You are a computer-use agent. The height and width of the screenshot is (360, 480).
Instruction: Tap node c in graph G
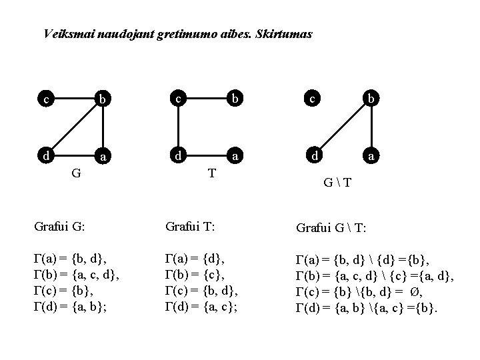point(45,100)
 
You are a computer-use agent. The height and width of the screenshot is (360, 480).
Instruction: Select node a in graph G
point(101,158)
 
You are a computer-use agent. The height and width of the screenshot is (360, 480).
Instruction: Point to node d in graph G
point(45,156)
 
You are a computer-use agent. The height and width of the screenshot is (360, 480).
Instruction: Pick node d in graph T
point(178,156)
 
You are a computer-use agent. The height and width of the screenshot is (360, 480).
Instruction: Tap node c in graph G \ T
point(312,99)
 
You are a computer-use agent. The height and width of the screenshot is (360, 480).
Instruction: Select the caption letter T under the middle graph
point(211,173)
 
